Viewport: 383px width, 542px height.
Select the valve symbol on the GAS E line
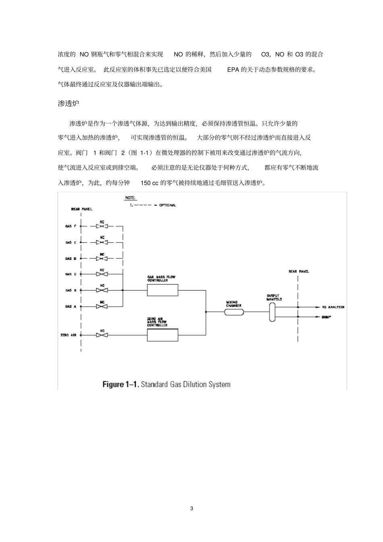(102, 242)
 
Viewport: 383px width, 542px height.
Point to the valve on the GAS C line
(102, 274)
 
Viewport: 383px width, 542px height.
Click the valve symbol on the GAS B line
(102, 290)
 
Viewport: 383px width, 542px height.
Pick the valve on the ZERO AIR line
(102, 335)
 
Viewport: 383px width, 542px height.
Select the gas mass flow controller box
(162, 290)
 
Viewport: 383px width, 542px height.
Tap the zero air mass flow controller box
(162, 335)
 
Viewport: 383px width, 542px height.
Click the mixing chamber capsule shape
(234, 312)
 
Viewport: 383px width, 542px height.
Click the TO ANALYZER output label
(333, 307)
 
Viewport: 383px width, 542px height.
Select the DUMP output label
(327, 317)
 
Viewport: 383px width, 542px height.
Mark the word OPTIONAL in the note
(168, 205)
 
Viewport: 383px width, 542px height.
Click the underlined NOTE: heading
(130, 198)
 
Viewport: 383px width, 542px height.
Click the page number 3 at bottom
(191, 509)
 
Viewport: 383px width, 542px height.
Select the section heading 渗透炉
(69, 104)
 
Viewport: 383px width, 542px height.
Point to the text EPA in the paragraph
(233, 69)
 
